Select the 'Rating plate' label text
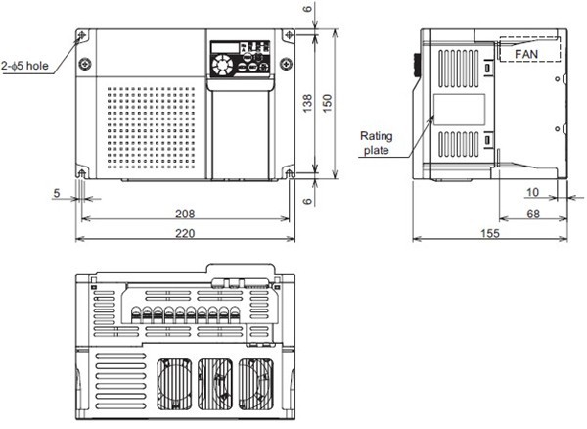(x=376, y=143)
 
